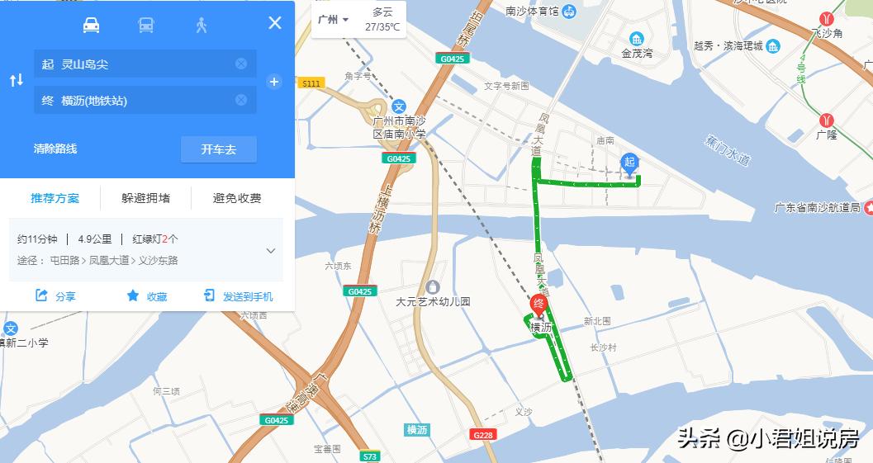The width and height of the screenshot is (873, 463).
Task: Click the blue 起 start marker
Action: [x=629, y=163]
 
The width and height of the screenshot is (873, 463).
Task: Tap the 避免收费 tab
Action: [x=237, y=198]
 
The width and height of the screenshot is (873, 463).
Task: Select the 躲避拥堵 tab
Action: [x=145, y=198]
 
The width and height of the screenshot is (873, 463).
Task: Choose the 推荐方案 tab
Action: [x=55, y=198]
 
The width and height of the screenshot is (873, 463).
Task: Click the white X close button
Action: [x=275, y=23]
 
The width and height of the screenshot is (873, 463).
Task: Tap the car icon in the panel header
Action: [x=91, y=25]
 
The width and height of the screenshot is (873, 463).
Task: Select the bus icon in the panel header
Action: [x=145, y=25]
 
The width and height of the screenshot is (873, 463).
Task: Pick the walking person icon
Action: [x=201, y=25]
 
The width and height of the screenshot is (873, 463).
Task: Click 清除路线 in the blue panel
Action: [x=55, y=149]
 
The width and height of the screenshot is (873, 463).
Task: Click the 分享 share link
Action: [x=55, y=296]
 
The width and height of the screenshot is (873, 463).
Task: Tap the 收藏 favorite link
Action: [x=147, y=296]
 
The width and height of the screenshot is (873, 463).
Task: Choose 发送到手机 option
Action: [x=239, y=296]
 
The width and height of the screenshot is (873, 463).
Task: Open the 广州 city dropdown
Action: [x=334, y=20]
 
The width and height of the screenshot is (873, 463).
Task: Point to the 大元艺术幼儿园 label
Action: [x=433, y=302]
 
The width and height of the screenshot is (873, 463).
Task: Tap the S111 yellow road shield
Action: [x=311, y=83]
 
